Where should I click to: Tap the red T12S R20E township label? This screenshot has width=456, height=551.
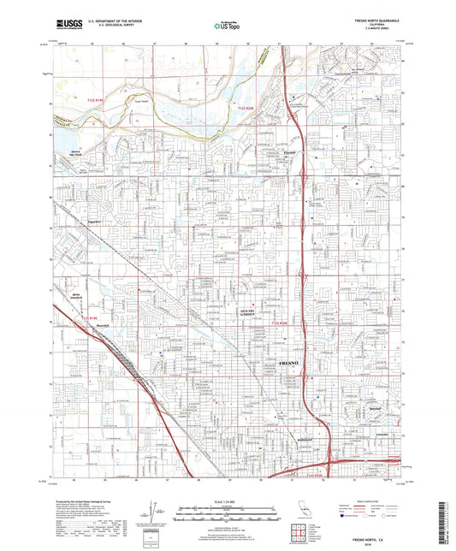coord(246,109)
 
